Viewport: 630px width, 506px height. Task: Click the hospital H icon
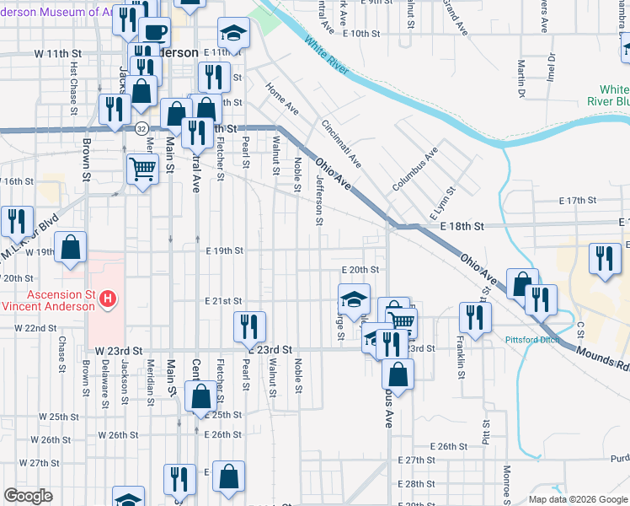coord(107,298)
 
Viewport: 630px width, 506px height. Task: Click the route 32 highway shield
coord(141,128)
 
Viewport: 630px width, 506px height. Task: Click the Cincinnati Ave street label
coord(340,143)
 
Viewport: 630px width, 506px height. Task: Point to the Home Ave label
coord(281,100)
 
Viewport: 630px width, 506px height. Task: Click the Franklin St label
coord(460,349)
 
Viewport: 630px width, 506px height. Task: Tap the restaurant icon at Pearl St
coord(249,326)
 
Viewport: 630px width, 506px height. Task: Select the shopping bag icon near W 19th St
coord(72,249)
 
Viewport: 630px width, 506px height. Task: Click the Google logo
coord(28,496)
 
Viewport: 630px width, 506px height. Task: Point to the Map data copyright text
coord(577,499)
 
